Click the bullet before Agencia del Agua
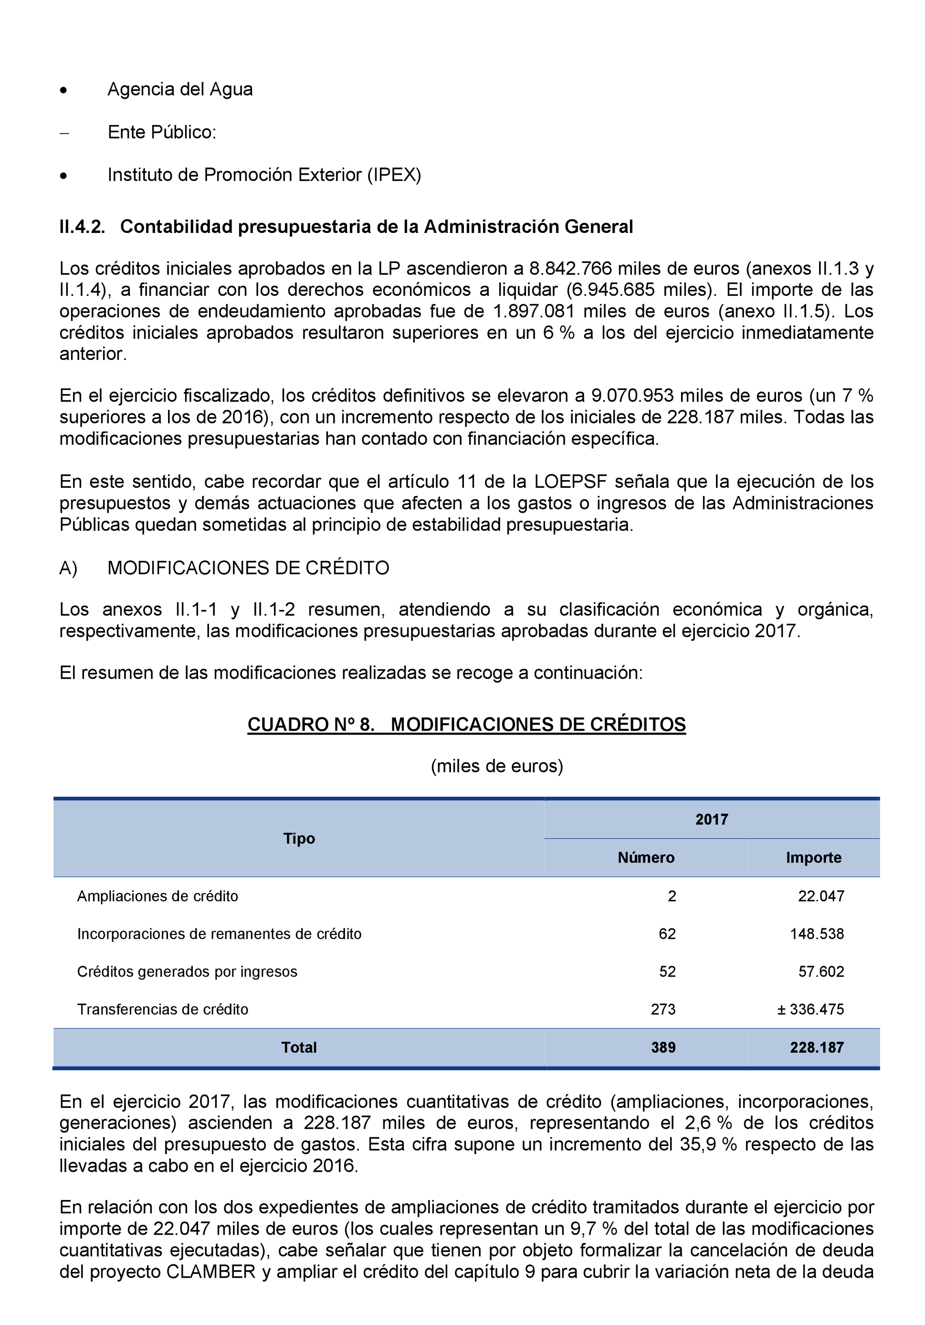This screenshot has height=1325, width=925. [x=63, y=91]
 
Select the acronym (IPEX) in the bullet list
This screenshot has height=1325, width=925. [x=394, y=175]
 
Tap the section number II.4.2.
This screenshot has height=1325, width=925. [x=82, y=227]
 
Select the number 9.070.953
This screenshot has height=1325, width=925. [x=632, y=396]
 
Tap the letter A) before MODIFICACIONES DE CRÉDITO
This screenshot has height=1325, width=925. [x=68, y=568]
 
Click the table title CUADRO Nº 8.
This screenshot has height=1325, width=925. [x=310, y=725]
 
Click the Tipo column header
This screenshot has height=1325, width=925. [x=299, y=839]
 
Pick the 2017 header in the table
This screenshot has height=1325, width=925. [x=712, y=820]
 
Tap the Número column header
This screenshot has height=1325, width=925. [x=646, y=858]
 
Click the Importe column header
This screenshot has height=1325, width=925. [x=813, y=858]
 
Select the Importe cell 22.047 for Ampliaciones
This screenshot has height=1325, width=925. [x=820, y=896]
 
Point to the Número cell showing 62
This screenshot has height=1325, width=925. [x=667, y=934]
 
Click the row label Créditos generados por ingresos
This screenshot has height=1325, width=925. [x=187, y=972]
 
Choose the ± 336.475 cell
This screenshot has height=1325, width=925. [x=810, y=1010]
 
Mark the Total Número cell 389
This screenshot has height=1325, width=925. [x=663, y=1047]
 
